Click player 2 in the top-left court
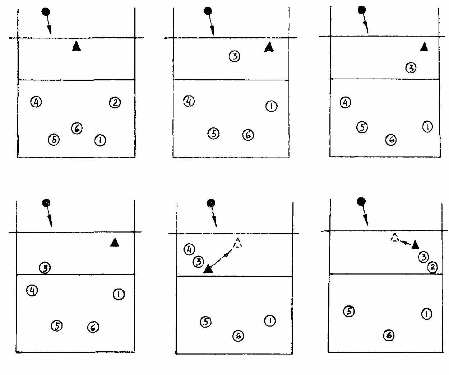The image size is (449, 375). [115, 103]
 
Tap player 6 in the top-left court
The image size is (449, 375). [77, 128]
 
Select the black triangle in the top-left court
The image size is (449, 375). [76, 46]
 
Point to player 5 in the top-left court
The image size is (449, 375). [54, 139]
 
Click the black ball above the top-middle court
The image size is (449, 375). [208, 11]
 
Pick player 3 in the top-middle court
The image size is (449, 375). [234, 56]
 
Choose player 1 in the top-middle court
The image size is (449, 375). [271, 106]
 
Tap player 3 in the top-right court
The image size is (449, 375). [411, 67]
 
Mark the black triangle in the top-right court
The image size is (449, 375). [425, 47]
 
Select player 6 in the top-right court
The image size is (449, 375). [391, 140]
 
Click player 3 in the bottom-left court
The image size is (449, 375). [45, 267]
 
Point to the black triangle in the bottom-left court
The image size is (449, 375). [115, 243]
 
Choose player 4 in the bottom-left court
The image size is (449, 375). [32, 290]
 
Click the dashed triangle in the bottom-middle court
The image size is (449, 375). [237, 243]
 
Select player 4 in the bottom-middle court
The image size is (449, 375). [189, 249]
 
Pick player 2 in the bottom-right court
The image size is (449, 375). [432, 267]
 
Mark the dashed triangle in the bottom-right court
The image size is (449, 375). [395, 238]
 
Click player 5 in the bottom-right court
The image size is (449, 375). [349, 311]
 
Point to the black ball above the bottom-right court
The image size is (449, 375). [361, 202]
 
